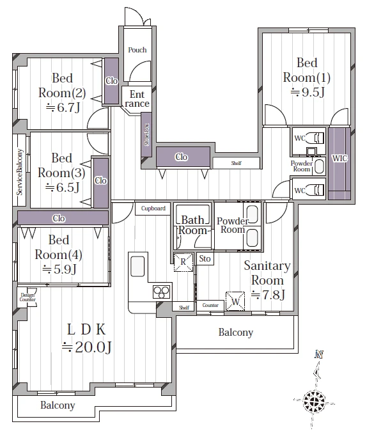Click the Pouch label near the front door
(x=137, y=50)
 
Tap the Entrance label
(x=137, y=98)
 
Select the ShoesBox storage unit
(x=146, y=135)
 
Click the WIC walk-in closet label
(x=339, y=158)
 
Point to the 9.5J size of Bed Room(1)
(x=308, y=91)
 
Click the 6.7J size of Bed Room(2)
(x=63, y=107)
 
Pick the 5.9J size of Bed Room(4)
(x=59, y=269)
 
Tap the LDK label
(x=86, y=329)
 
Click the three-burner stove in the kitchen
(x=162, y=292)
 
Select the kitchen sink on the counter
(x=137, y=266)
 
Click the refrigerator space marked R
(x=183, y=262)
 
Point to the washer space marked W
(x=235, y=301)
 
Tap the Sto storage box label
(x=205, y=258)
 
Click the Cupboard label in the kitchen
(x=153, y=208)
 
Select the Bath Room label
(x=192, y=225)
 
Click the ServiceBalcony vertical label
(x=19, y=172)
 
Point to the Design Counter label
(x=27, y=297)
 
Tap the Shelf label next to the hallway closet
(x=237, y=163)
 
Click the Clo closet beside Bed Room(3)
(x=101, y=183)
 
